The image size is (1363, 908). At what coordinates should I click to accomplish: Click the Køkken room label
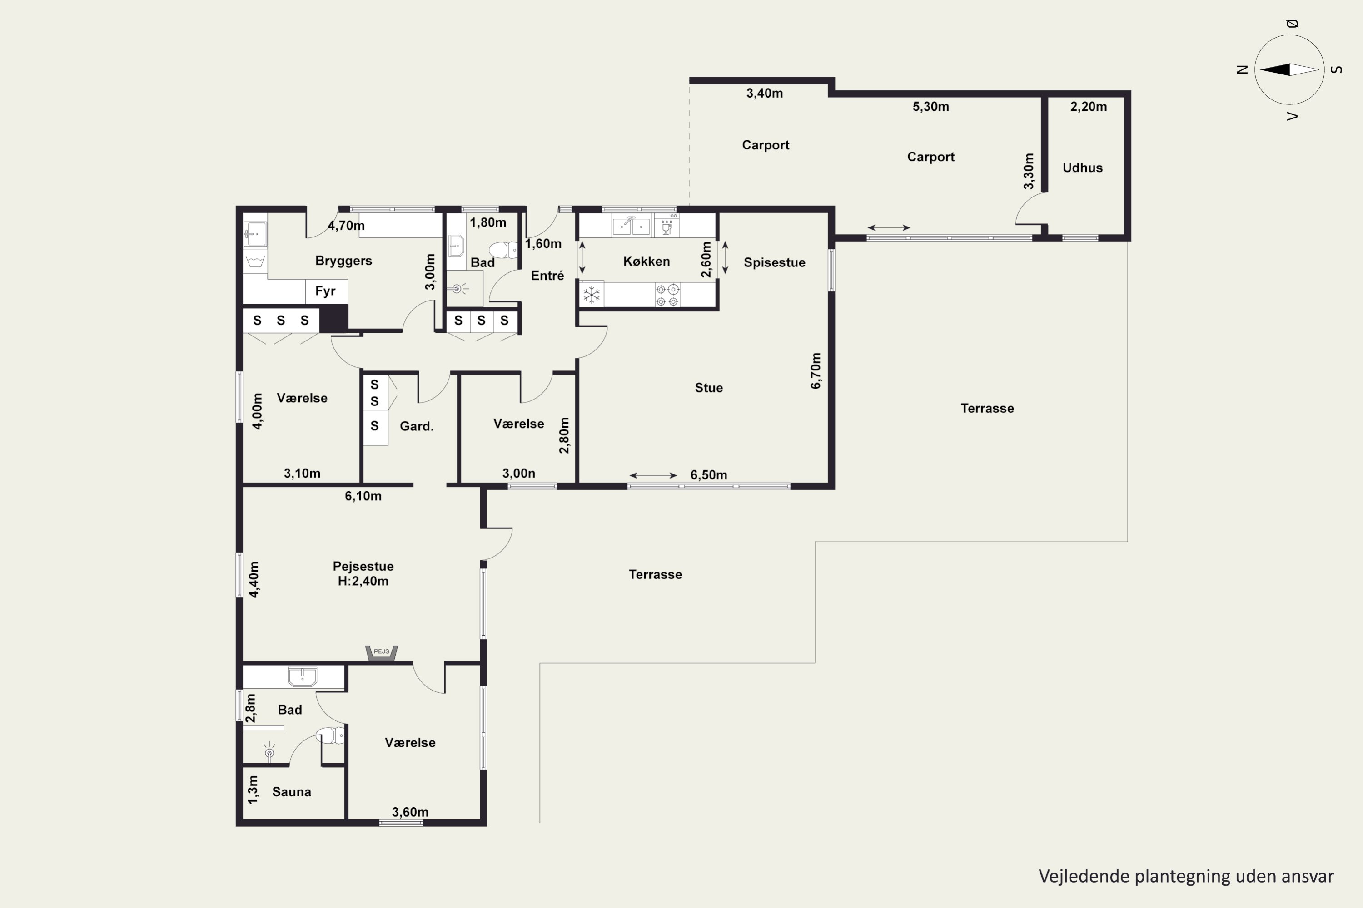[646, 261]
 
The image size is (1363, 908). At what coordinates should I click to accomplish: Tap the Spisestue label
[774, 262]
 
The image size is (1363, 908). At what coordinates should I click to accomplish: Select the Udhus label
[1082, 168]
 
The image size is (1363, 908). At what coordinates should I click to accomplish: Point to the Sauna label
[292, 792]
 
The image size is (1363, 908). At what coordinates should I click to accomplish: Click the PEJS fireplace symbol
[381, 653]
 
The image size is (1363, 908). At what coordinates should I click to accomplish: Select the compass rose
[1289, 69]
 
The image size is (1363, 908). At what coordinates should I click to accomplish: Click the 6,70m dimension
[816, 370]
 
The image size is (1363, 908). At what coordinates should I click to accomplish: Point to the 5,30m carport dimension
[930, 107]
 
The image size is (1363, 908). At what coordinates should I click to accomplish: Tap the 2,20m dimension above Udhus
[1088, 107]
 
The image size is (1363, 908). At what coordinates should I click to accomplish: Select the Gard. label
[417, 426]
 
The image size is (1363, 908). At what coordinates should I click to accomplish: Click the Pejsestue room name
[363, 566]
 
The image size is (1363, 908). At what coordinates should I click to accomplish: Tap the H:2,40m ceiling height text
[363, 581]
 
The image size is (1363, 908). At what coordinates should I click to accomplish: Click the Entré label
[547, 276]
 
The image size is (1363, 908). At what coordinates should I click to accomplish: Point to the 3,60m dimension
[410, 812]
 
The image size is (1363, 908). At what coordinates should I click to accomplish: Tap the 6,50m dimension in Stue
[709, 475]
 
